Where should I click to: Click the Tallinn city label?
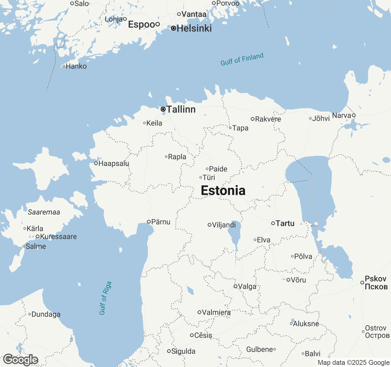181,109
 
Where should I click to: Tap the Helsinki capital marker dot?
174,28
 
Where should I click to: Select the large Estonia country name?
223,191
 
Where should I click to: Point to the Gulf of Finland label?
242,59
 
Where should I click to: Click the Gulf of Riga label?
105,298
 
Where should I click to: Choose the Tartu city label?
285,223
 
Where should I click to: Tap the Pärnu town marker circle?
149,222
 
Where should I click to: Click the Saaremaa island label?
44,212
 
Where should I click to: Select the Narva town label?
342,115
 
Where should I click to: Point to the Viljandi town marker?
210,225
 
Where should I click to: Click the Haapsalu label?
114,163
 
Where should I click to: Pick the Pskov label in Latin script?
376,279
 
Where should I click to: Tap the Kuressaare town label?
58,236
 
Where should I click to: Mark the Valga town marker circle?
236,286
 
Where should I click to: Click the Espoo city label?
141,24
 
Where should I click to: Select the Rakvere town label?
268,119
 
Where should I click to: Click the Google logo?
20,360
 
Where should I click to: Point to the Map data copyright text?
353,363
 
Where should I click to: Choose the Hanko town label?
76,66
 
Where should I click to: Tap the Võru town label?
298,280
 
